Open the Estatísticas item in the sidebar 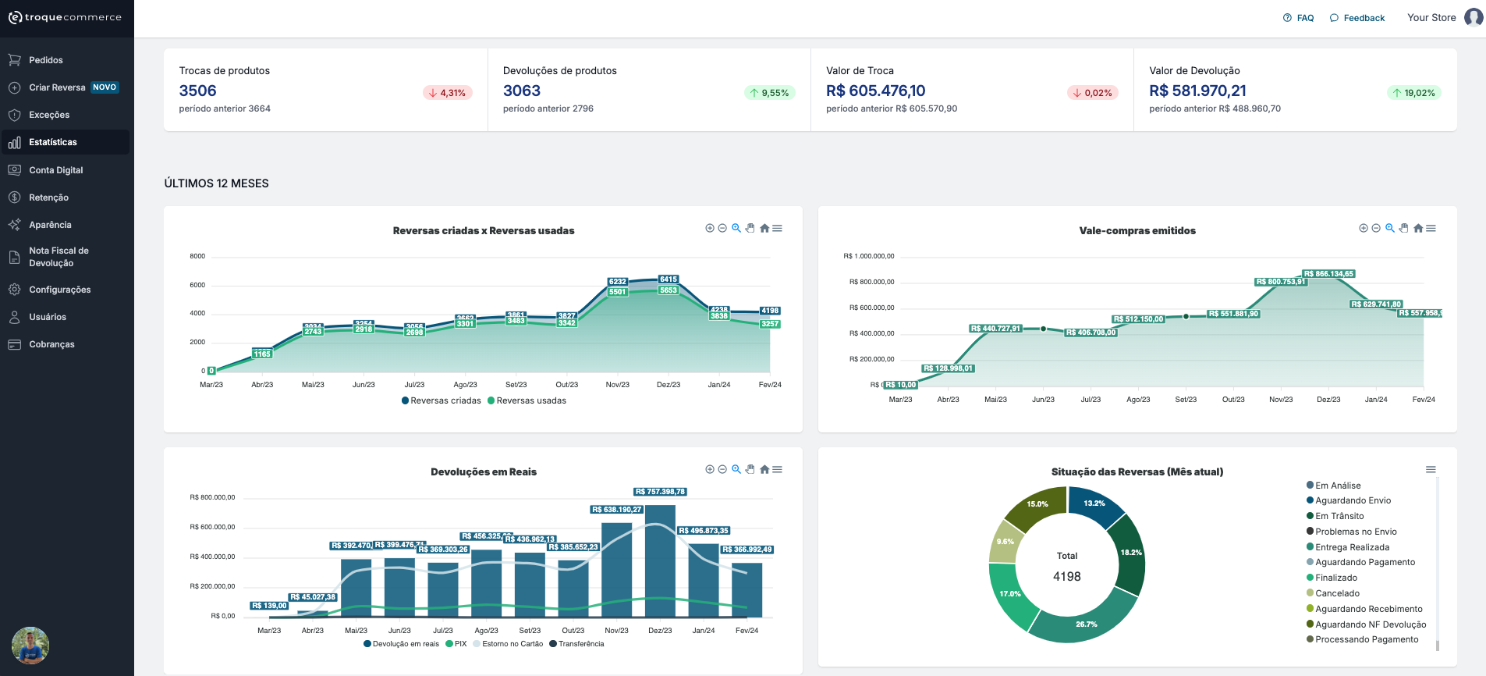[53, 142]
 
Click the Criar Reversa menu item [57, 87]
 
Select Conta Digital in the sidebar [55, 170]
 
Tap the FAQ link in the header [1299, 18]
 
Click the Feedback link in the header [1358, 18]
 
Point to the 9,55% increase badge [769, 93]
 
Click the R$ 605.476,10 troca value [875, 91]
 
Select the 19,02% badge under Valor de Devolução [1414, 93]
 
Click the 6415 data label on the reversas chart [669, 279]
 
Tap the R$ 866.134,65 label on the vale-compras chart [1328, 274]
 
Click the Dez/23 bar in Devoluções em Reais [660, 562]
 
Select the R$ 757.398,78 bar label [660, 492]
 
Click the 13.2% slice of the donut [1094, 504]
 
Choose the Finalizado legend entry [1335, 578]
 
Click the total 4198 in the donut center [1066, 577]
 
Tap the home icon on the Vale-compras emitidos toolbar [1417, 229]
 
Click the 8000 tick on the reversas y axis [197, 256]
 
